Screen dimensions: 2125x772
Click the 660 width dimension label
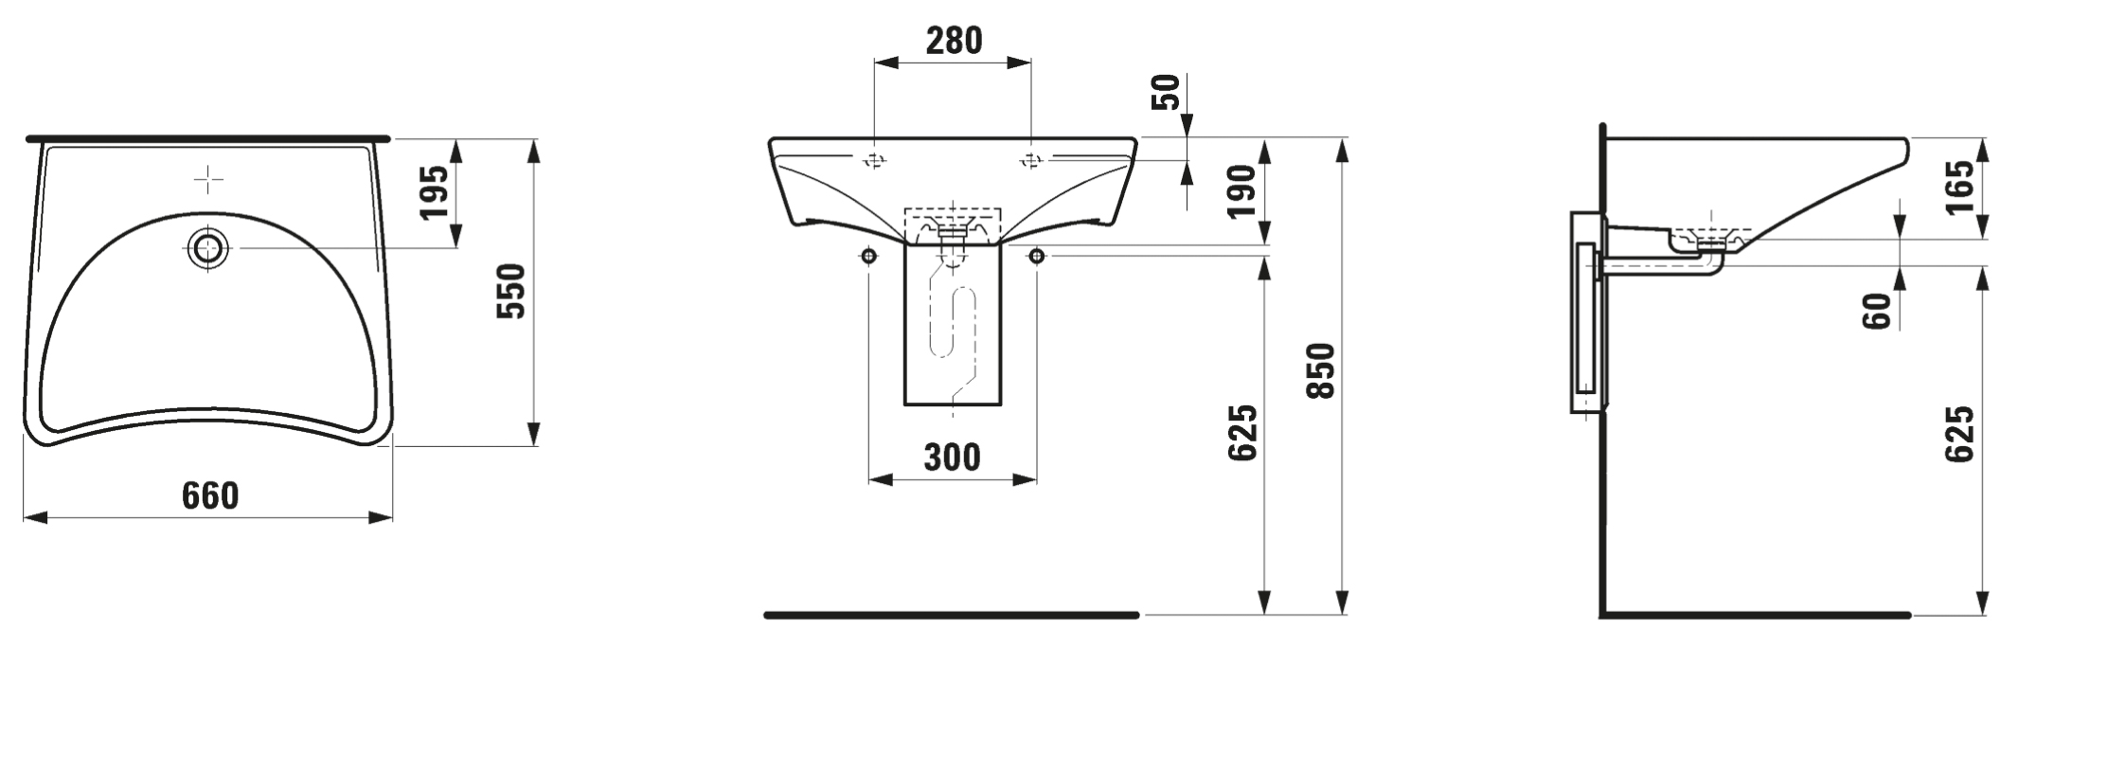[210, 495]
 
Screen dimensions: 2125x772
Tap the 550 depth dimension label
[511, 291]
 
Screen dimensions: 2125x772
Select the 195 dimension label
[435, 192]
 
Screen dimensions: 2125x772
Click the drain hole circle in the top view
[208, 248]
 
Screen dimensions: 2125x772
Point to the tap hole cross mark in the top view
[208, 178]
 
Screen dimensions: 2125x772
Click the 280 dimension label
[954, 41]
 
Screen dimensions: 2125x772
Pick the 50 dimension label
[1170, 92]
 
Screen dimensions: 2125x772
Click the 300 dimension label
[953, 458]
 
